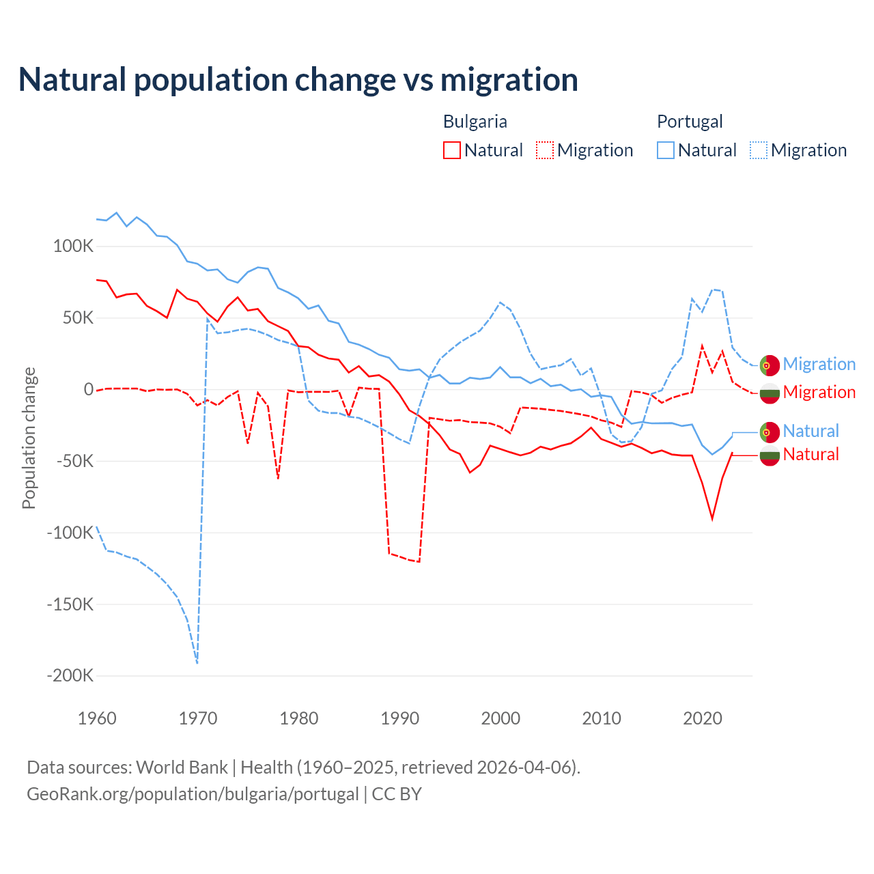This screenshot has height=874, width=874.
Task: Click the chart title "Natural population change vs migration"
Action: point(298,80)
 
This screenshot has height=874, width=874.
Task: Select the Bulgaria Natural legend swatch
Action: point(452,150)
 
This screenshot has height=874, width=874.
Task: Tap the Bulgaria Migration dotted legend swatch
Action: point(545,150)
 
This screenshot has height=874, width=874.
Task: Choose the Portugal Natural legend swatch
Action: point(666,150)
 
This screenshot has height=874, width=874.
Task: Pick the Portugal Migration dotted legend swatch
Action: point(759,150)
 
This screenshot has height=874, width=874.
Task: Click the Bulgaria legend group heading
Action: point(475,122)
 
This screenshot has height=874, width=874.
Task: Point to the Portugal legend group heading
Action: point(690,122)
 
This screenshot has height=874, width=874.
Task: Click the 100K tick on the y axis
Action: point(73,246)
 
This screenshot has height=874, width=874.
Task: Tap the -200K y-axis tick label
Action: point(70,676)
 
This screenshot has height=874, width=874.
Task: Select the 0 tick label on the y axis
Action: point(89,389)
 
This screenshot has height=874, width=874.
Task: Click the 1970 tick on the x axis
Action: point(198,718)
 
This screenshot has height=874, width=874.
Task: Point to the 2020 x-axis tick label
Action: point(703,718)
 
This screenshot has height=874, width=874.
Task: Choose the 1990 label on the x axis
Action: point(400,718)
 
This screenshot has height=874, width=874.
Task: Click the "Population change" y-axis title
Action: point(29,438)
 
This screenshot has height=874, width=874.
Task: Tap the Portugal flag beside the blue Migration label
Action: point(770,365)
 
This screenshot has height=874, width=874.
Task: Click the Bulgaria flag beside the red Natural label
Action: point(770,455)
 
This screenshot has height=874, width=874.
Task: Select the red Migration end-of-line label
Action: point(819,392)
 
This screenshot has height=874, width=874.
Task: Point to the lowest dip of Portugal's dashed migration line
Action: point(197,662)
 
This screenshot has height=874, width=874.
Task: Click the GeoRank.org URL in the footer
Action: point(193,794)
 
